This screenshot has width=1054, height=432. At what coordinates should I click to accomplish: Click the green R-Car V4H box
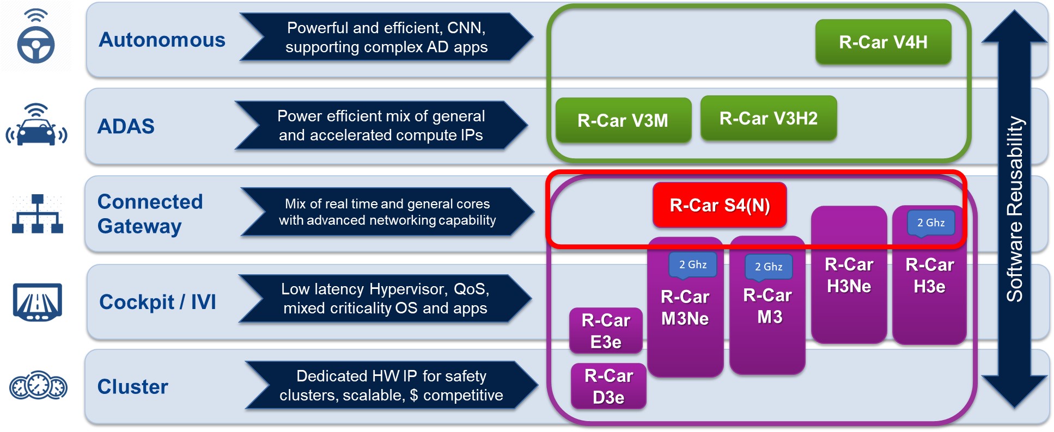click(882, 42)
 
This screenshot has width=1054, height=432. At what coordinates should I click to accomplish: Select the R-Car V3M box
click(623, 120)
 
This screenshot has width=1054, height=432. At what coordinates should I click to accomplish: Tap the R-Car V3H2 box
click(768, 118)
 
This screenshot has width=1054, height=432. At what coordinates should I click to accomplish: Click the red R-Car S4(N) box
click(719, 205)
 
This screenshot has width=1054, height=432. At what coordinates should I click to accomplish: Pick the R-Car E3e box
click(606, 331)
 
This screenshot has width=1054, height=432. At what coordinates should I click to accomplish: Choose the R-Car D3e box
click(608, 386)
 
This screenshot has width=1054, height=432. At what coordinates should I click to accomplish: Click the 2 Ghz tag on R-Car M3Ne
click(692, 264)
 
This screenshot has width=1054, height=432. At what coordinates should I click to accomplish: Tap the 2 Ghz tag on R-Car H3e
click(930, 223)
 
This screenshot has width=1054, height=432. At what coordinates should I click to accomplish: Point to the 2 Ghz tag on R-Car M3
click(768, 267)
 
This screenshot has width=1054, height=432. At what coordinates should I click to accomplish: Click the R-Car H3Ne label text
click(849, 275)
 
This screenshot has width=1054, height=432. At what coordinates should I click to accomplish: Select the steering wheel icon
click(35, 38)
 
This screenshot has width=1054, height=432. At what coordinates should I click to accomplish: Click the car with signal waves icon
click(36, 126)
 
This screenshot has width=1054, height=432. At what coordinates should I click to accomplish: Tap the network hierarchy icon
click(37, 214)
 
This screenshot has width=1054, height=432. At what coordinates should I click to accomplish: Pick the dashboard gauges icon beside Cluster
click(38, 386)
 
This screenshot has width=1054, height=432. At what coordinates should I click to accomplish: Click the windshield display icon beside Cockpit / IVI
click(37, 302)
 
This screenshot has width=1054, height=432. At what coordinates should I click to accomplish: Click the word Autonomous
click(162, 40)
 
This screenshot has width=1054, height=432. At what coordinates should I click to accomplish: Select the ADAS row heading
click(126, 126)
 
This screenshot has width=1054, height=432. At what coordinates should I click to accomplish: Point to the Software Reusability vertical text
click(1014, 209)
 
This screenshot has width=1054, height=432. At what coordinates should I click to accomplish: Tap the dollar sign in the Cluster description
click(413, 396)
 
